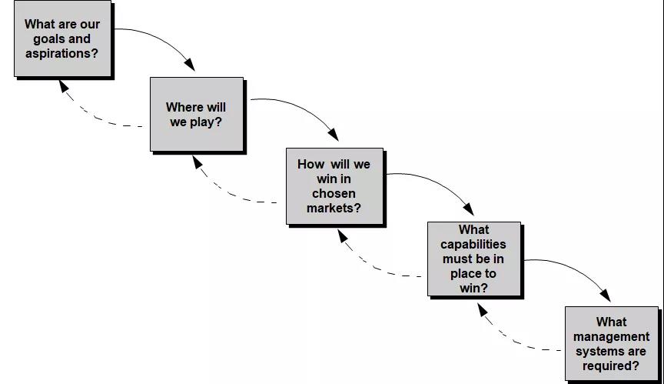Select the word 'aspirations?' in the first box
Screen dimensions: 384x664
[x=62, y=53]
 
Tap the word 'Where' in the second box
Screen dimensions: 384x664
[x=184, y=107]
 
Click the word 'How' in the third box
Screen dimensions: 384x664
[x=311, y=164]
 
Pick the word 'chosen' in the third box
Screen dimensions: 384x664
[x=334, y=193]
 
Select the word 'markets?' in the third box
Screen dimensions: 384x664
[x=334, y=208]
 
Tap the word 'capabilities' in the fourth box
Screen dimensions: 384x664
[x=473, y=244]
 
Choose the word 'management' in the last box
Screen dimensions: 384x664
[x=611, y=336]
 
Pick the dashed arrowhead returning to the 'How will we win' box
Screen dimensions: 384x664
[x=343, y=235]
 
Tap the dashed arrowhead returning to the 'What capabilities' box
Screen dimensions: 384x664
[x=481, y=308]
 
